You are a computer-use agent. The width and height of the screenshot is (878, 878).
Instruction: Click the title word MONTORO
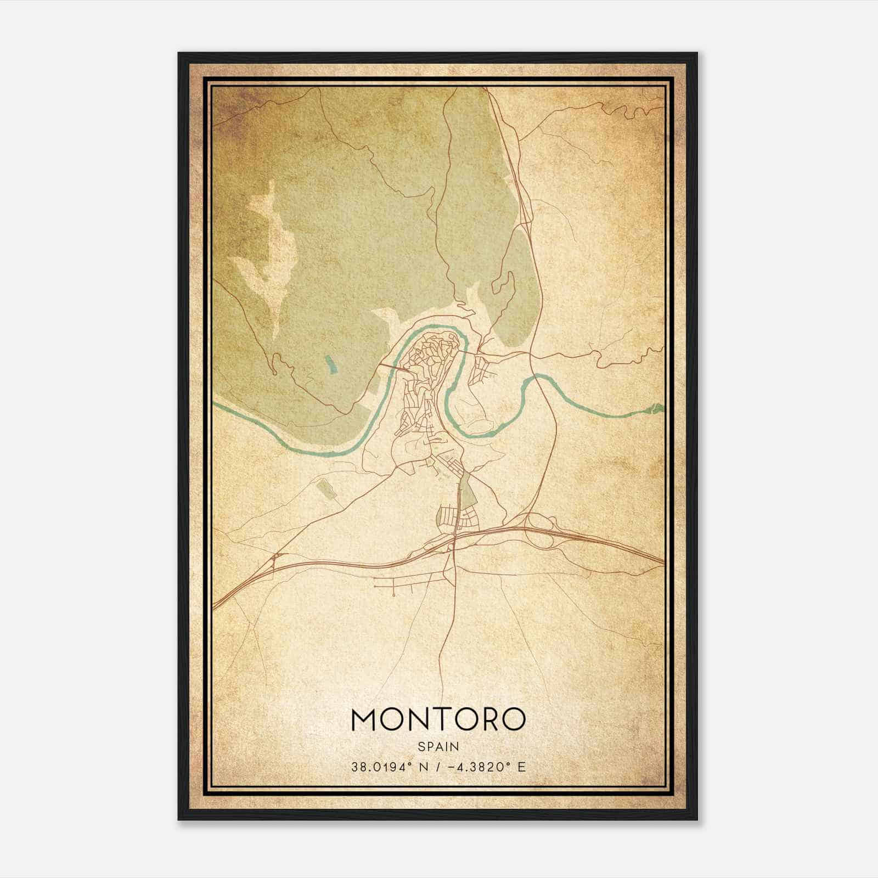tap(438, 719)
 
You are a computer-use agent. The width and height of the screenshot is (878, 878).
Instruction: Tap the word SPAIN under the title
tap(438, 746)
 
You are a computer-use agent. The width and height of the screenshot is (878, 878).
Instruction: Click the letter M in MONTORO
tap(364, 719)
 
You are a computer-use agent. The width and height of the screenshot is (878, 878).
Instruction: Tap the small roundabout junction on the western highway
tap(274, 560)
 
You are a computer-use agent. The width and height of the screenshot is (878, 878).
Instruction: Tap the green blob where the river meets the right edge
tap(656, 408)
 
